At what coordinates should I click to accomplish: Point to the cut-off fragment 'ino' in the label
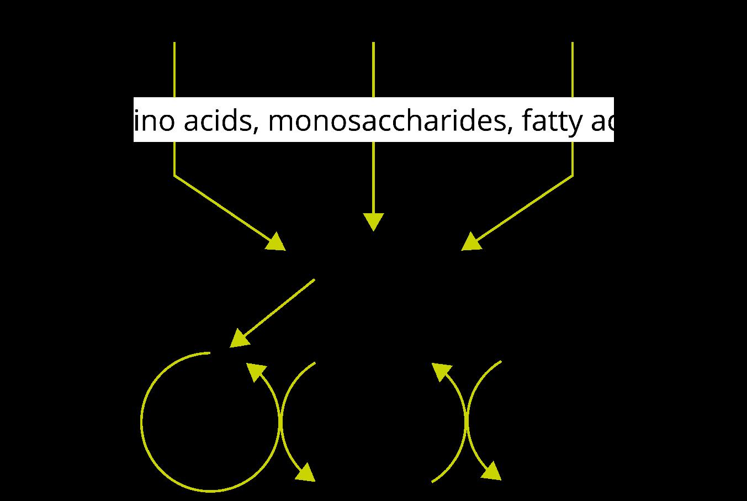tap(155, 121)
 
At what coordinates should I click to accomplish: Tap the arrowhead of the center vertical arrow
tap(373, 222)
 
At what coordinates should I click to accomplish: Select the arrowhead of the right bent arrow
tap(471, 242)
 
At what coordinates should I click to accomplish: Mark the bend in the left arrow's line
tap(174, 176)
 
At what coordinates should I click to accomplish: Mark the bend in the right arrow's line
tap(573, 176)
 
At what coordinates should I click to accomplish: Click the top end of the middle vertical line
tap(373, 43)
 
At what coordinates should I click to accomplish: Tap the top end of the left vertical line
tap(174, 43)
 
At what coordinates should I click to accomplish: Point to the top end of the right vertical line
tap(573, 43)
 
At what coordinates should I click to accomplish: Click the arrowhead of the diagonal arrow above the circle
tap(239, 338)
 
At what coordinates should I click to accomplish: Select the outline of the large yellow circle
tap(142, 423)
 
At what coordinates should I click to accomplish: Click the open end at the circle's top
tap(210, 352)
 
